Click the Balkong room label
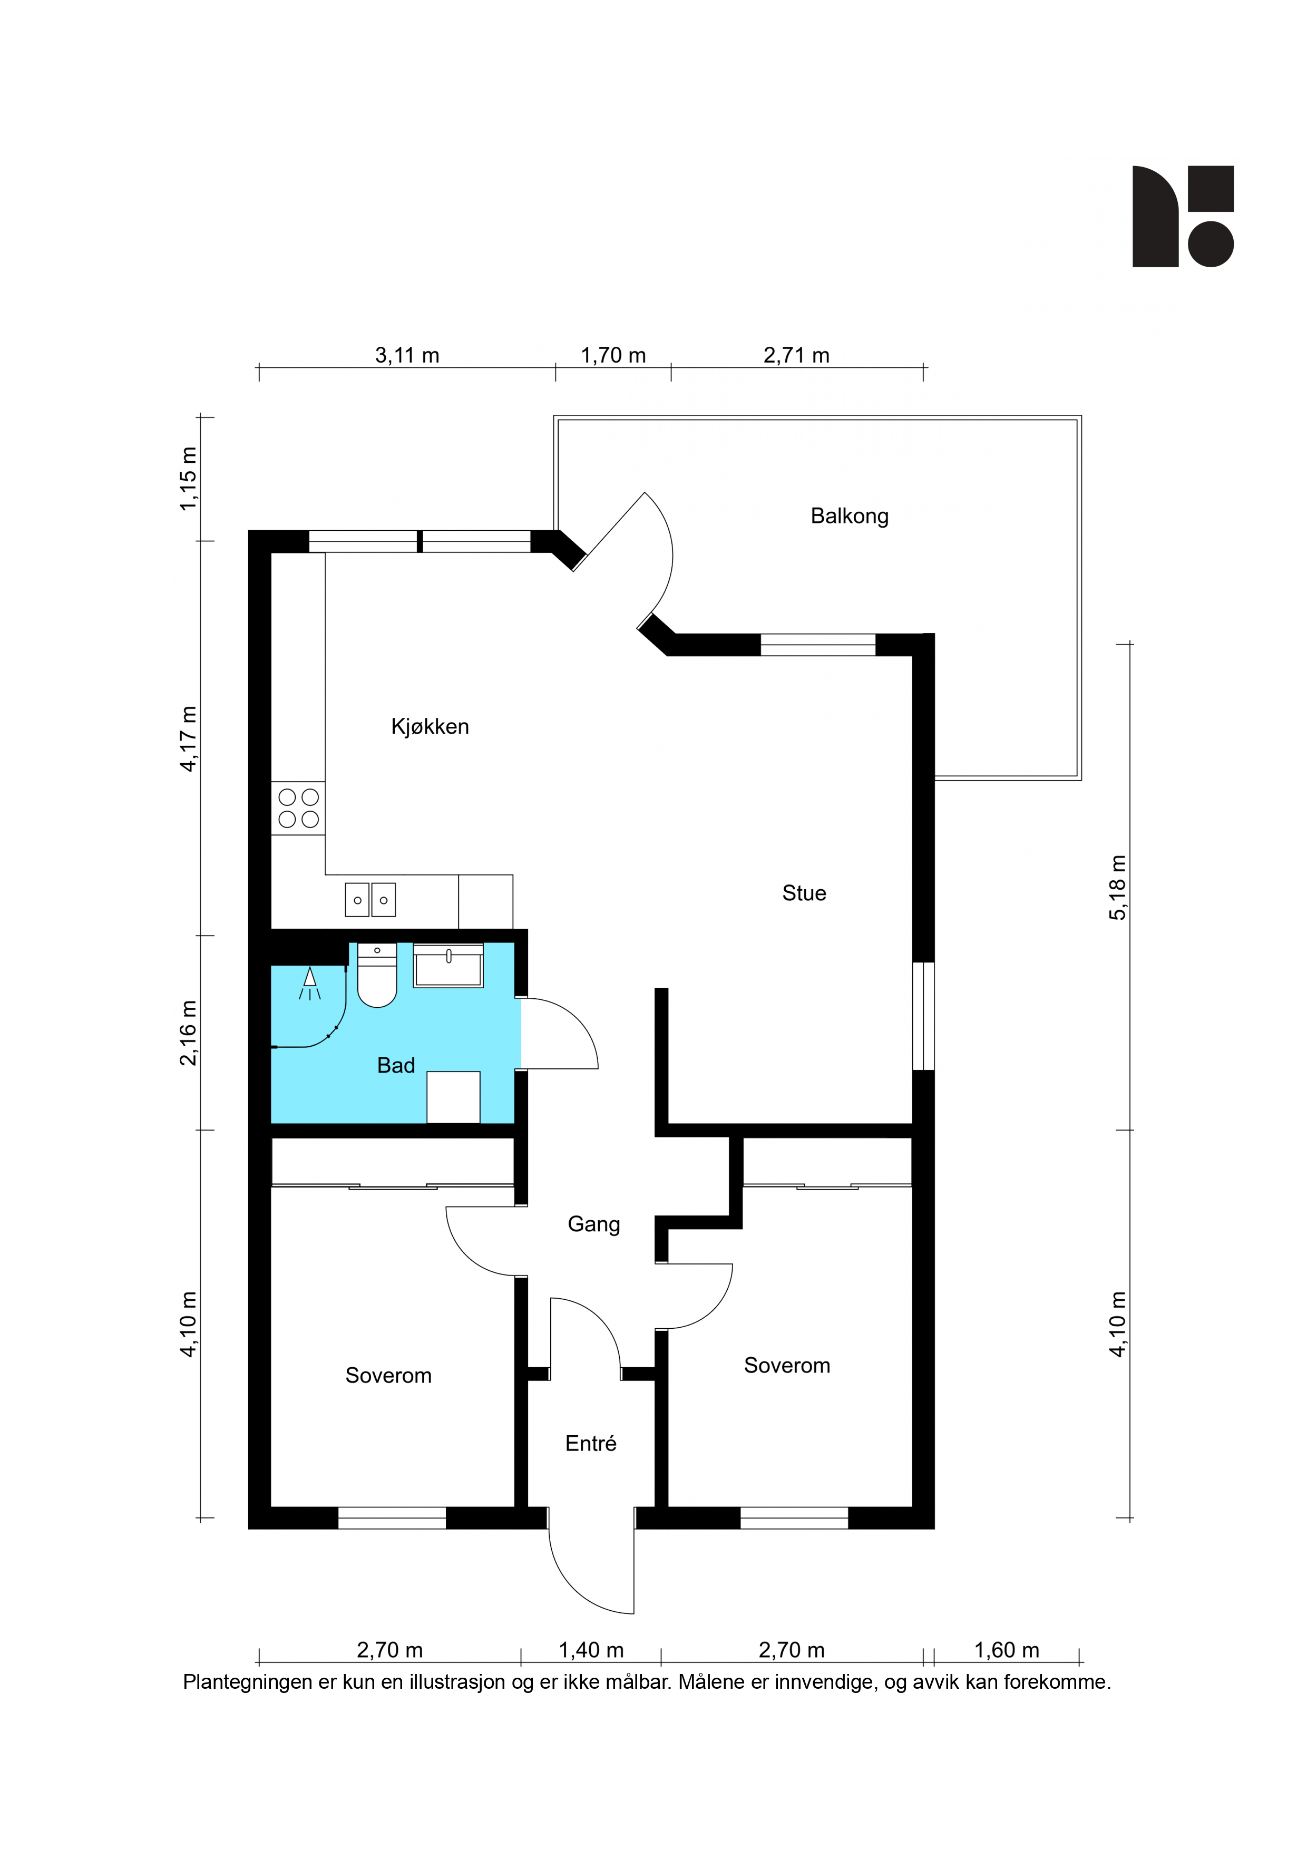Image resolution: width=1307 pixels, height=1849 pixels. point(849,516)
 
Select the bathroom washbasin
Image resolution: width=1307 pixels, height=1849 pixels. point(448,966)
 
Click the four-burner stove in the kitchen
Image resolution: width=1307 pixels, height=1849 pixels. point(298,807)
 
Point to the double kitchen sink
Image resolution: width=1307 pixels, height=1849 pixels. point(370,900)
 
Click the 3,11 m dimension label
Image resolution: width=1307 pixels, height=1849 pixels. point(407,355)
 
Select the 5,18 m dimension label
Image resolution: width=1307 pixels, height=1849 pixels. point(1118,888)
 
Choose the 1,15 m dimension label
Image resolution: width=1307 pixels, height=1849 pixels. point(188,479)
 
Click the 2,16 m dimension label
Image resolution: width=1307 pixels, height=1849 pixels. point(188,1033)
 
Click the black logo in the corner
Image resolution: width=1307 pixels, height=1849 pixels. point(1183,217)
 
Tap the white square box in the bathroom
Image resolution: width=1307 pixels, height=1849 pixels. point(453,1097)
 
